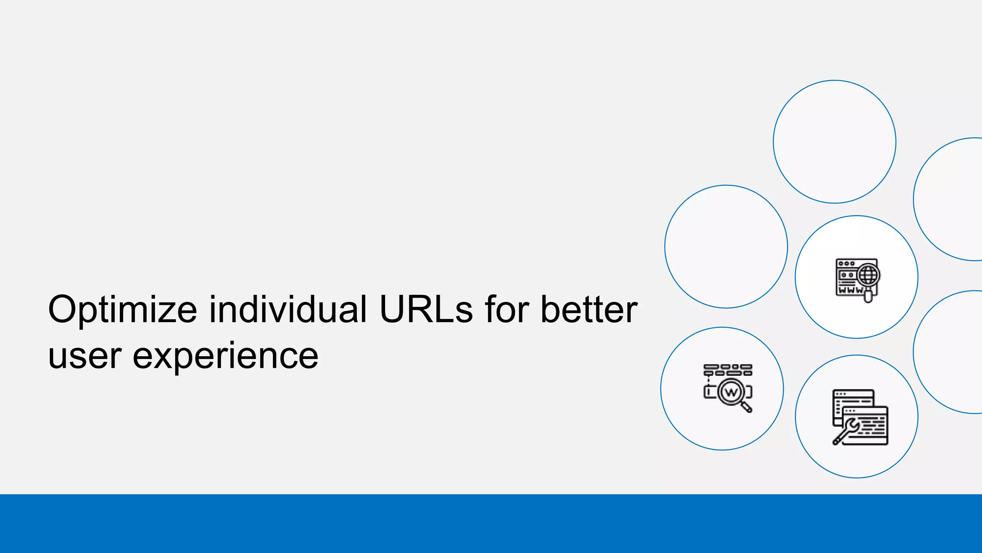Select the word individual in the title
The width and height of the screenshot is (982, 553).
point(288,310)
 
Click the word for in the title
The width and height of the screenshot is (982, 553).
point(506,310)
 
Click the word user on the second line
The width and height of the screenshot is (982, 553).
point(84,356)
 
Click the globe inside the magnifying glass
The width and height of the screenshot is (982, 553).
point(868,275)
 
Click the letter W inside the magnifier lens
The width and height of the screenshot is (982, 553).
point(731,392)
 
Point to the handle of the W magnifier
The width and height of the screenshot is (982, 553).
point(747,408)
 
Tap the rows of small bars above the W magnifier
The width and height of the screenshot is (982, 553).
point(727,370)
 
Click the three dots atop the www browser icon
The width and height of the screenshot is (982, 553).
point(846,264)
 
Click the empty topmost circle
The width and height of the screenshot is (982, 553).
point(834,142)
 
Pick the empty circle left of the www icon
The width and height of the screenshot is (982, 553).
point(726,246)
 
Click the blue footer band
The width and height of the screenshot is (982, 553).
point(491,523)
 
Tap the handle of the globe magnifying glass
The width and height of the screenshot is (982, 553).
point(868,296)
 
